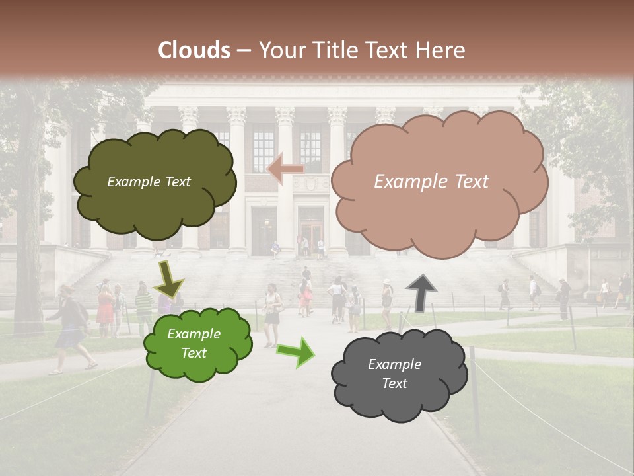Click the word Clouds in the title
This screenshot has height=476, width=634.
194,50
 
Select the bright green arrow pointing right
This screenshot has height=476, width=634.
295,352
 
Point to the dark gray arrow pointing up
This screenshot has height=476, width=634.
421,292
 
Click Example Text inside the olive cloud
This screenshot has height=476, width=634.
149,182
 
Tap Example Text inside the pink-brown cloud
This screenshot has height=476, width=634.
431,182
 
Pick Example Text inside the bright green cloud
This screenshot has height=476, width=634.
194,344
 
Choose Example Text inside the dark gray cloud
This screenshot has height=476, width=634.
394,374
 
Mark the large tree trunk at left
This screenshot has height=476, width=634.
28,251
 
